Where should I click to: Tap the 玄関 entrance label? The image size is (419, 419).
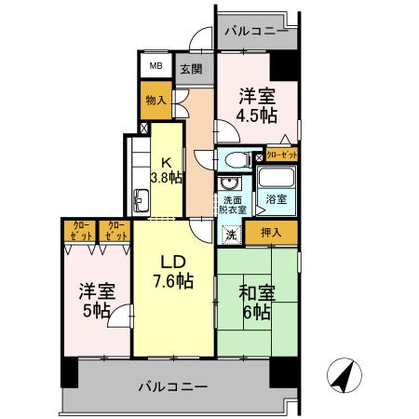pos(189,69)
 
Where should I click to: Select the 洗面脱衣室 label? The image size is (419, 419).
pos(233,205)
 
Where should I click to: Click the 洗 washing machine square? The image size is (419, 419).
pos(231,234)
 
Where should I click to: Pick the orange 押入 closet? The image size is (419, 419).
pos(272,230)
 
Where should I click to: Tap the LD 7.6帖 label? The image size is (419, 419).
pos(173,270)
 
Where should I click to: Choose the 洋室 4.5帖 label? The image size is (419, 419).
pos(256,105)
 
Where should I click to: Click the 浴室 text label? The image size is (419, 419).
pos(277,199)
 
